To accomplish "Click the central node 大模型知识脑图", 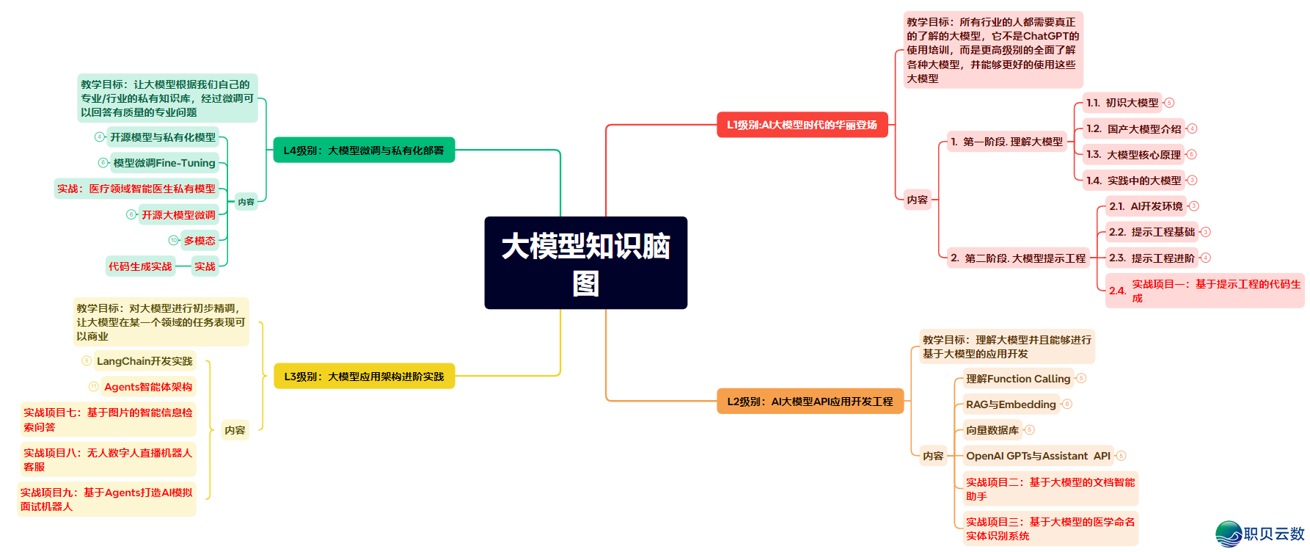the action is pyautogui.click(x=585, y=263).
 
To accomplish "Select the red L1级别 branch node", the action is pyautogui.click(x=802, y=125).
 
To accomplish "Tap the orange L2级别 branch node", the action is pyautogui.click(x=810, y=402).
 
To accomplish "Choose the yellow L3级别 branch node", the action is pyautogui.click(x=364, y=377).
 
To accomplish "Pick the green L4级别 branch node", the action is pyautogui.click(x=364, y=150).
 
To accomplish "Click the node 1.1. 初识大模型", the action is pyautogui.click(x=1122, y=103).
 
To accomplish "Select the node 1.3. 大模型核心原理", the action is pyautogui.click(x=1133, y=155).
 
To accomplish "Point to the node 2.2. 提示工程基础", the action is pyautogui.click(x=1152, y=232).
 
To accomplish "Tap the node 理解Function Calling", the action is pyautogui.click(x=1018, y=379).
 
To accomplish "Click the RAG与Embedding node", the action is pyautogui.click(x=1011, y=404).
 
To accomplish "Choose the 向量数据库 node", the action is pyautogui.click(x=992, y=430).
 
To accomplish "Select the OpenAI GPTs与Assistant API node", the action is pyautogui.click(x=1038, y=456).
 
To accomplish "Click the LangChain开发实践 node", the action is pyautogui.click(x=144, y=361).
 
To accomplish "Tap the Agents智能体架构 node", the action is pyautogui.click(x=148, y=387).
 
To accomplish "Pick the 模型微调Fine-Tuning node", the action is pyautogui.click(x=164, y=163).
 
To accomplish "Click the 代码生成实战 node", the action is pyautogui.click(x=140, y=266).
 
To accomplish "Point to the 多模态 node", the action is pyautogui.click(x=200, y=241).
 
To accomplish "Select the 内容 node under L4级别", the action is pyautogui.click(x=246, y=202).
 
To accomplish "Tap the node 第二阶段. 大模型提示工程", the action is pyautogui.click(x=1018, y=258).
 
